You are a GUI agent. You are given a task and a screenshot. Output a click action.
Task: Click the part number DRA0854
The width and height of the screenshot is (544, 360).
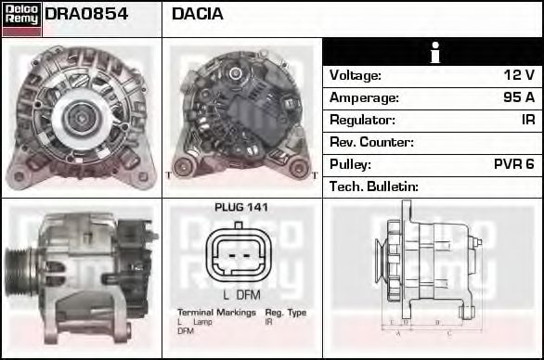pyautogui.click(x=85, y=14)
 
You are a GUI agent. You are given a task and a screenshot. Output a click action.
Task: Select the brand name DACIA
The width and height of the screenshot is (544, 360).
pyautogui.click(x=198, y=14)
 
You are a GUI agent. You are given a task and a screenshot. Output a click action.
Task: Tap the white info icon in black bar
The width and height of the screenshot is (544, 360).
pyautogui.click(x=433, y=53)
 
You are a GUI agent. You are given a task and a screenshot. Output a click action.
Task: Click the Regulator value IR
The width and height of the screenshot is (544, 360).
pyautogui.click(x=526, y=120)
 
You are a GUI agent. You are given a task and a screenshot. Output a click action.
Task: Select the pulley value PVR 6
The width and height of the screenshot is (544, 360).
pyautogui.click(x=513, y=164)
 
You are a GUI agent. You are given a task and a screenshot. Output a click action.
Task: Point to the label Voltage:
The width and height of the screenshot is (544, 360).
pyautogui.click(x=356, y=75)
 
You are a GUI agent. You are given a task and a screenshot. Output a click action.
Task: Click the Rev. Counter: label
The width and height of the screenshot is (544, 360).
pyautogui.click(x=371, y=142)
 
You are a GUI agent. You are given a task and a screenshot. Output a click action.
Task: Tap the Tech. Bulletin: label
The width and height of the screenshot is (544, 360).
pyautogui.click(x=374, y=186)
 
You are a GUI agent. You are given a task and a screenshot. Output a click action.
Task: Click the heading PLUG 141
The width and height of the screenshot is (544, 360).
pyautogui.click(x=240, y=207)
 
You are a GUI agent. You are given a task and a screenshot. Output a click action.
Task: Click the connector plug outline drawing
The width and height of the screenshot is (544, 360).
pyautogui.click(x=240, y=254)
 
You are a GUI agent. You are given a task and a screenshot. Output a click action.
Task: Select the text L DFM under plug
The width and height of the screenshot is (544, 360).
pyautogui.click(x=240, y=294)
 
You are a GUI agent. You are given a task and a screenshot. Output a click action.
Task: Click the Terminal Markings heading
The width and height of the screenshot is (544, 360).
pyautogui.click(x=216, y=313)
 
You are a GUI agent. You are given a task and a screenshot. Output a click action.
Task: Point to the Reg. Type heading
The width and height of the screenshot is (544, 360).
pyautogui.click(x=285, y=313)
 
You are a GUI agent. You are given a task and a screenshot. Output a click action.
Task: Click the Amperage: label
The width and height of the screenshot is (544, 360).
pyautogui.click(x=364, y=97)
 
